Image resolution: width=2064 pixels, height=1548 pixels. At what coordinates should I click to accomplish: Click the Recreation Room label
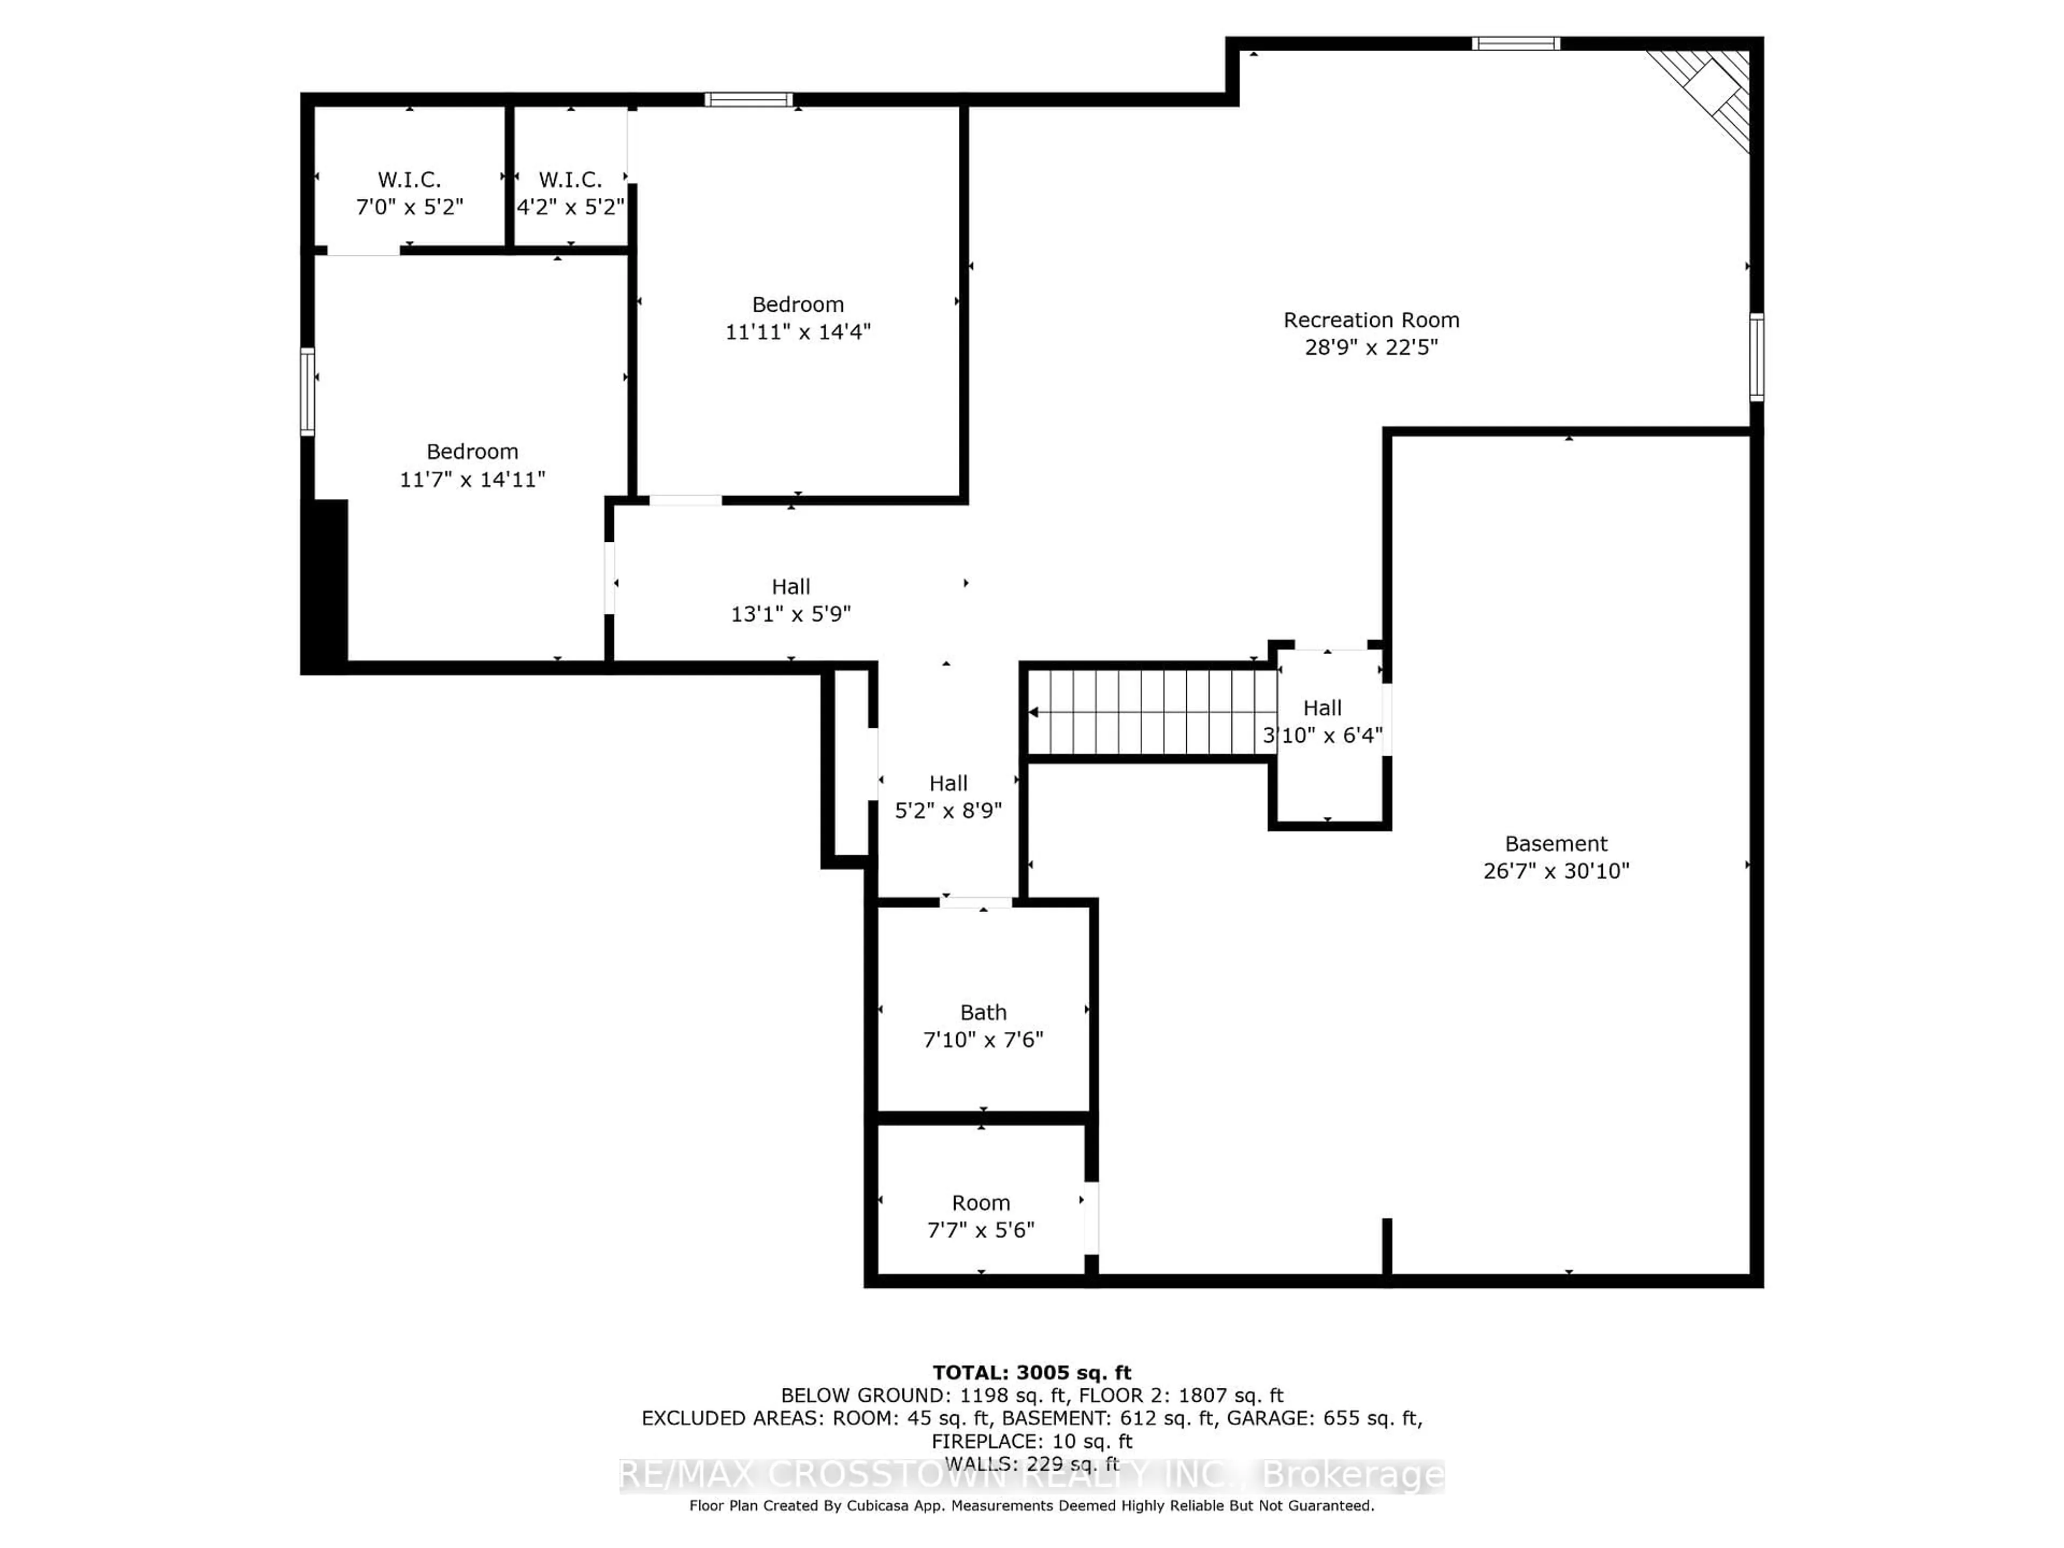(x=1371, y=320)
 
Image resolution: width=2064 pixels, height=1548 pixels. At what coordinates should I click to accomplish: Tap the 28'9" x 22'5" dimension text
(x=1371, y=347)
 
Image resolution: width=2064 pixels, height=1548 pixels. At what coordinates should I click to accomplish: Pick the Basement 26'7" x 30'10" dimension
(x=1556, y=871)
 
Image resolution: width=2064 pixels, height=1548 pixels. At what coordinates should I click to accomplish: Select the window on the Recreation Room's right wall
(x=1756, y=357)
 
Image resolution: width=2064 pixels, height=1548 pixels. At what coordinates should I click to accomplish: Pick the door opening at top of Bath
(x=975, y=902)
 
